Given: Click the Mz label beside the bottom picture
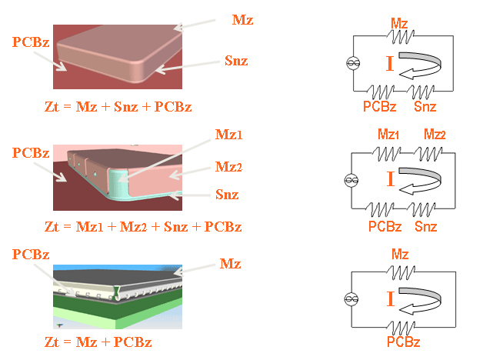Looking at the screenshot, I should click(231, 264).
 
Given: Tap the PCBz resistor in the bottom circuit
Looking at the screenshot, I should click(399, 325).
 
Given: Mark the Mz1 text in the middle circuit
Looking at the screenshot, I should click(389, 134).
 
